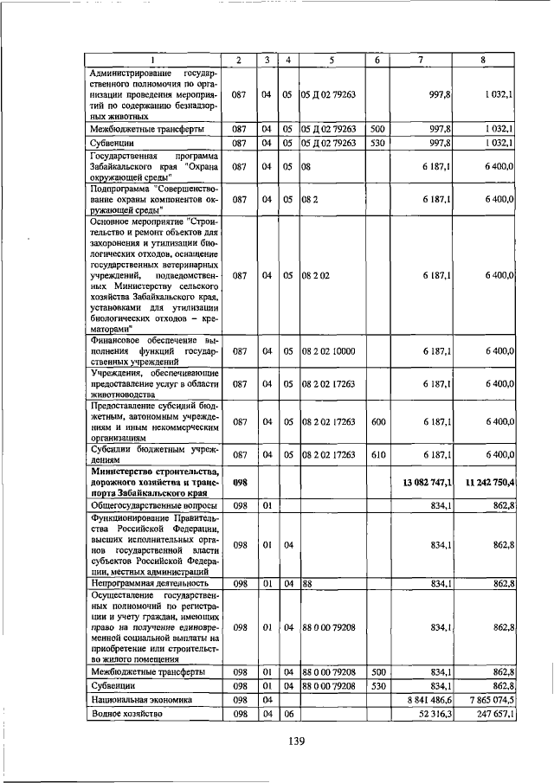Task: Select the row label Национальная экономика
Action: [144, 699]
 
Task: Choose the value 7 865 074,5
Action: [490, 699]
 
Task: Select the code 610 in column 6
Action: [377, 454]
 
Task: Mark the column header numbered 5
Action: [332, 59]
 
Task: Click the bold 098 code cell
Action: [240, 482]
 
